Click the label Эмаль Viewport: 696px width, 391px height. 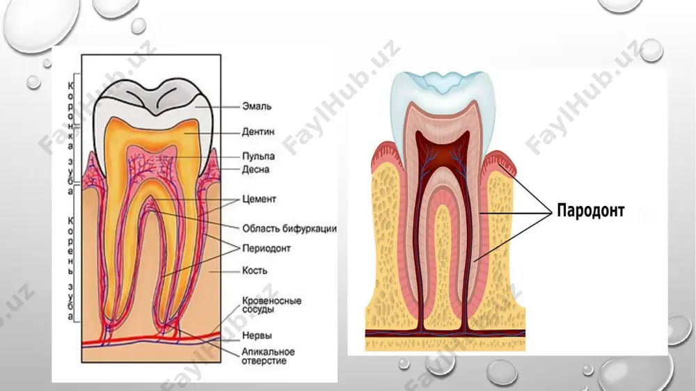point(257,106)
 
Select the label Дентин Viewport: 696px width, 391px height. point(258,131)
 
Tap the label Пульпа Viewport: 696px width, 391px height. point(258,157)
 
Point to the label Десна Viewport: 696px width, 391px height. point(255,170)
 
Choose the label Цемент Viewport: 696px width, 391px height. point(259,199)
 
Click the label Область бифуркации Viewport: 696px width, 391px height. point(290,229)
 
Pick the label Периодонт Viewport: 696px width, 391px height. point(267,248)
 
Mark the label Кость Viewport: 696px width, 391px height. point(255,270)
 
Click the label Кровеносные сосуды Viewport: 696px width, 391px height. point(271,305)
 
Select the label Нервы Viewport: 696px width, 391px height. point(257,335)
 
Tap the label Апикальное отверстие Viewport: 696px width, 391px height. point(268,356)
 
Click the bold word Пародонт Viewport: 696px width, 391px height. point(591,210)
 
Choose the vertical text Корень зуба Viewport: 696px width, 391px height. point(70,268)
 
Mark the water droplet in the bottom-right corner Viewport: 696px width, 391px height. point(679,330)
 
